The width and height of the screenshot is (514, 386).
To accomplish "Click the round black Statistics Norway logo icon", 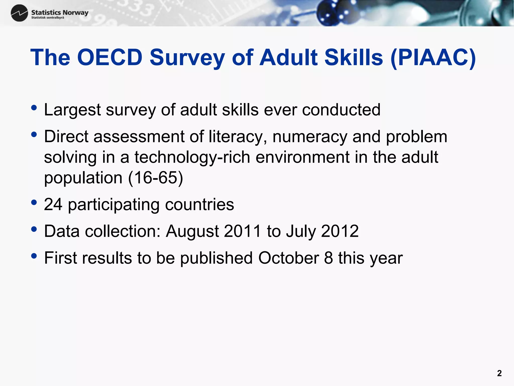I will (19, 13).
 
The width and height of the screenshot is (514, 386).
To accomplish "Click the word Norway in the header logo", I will (76, 12).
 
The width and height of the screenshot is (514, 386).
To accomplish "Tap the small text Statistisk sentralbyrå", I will (48, 18).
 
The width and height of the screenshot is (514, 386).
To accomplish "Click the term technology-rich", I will (192, 158).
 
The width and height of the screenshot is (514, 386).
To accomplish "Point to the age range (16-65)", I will (156, 178).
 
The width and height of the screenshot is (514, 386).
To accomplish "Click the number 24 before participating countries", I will (53, 204).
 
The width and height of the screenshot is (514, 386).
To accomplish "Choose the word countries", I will (200, 204).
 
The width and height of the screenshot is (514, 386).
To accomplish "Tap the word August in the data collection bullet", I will (192, 231).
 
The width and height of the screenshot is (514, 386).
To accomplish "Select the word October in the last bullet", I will (288, 258).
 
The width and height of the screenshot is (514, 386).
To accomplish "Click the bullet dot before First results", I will (34, 256).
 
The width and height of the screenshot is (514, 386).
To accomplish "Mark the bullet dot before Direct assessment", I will (34, 135).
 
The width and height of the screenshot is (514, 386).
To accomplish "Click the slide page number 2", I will (499, 373).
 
